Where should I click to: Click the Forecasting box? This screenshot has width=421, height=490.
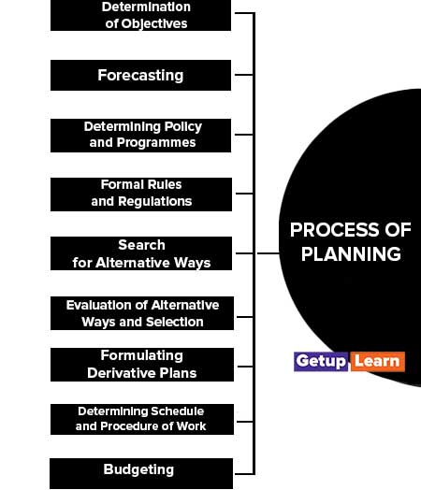140,76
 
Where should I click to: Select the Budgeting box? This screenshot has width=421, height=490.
141,473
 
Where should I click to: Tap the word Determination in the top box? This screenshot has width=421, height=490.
146,7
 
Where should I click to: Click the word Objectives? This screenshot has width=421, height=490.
154,23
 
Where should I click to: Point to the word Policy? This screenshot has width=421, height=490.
183,127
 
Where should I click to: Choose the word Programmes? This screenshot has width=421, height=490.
156,143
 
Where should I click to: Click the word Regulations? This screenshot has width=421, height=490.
155,202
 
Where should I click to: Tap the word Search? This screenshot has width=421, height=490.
141,245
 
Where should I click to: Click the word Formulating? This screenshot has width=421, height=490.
142,355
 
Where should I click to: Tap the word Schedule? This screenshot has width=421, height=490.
178,411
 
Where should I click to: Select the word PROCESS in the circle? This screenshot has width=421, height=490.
334,230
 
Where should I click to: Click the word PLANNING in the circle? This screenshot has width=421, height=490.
351,253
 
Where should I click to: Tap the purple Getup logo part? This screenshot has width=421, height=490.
321,362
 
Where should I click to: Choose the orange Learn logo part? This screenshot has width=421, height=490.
377,362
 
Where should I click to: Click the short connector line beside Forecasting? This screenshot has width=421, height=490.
244,75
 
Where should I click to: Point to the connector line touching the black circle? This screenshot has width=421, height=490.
268,253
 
